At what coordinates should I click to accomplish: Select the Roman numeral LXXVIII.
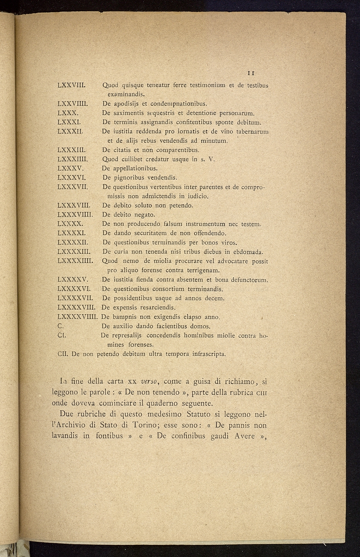[x=72, y=85]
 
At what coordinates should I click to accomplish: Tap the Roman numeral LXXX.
[x=67, y=113]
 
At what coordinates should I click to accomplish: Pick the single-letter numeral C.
[x=61, y=326]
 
